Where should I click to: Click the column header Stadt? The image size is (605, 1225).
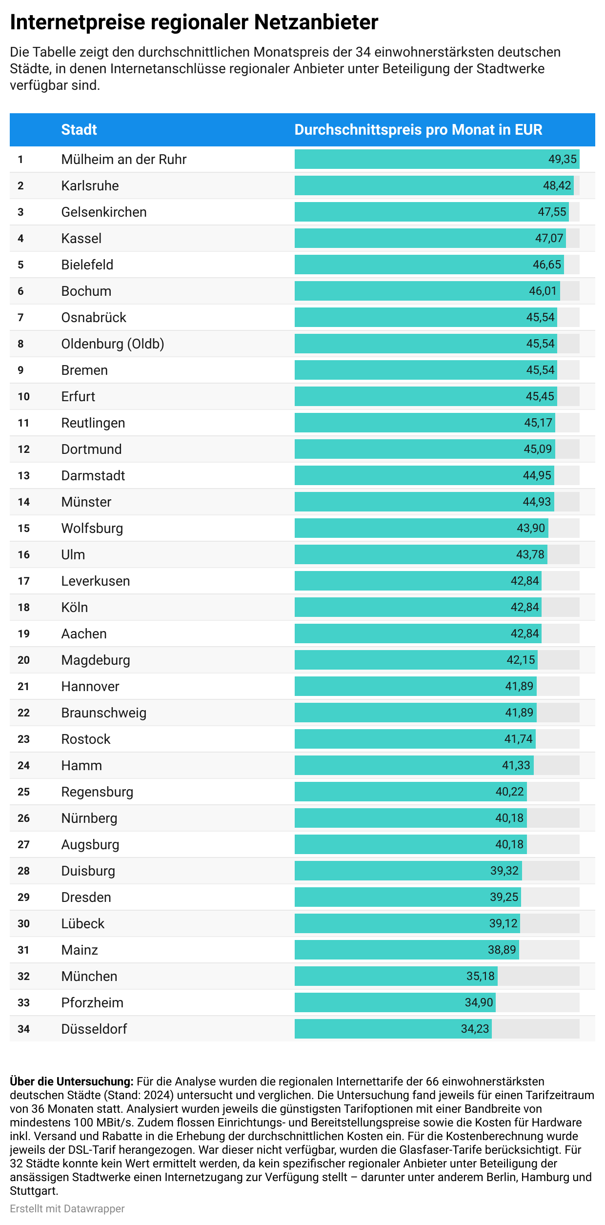79,129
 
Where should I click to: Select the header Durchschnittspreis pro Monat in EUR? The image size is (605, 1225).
418,129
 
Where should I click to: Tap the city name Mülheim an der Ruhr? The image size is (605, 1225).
123,159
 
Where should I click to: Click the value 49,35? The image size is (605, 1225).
562,159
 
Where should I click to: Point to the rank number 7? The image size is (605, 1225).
20,317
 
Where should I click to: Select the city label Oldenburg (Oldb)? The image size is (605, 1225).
112,344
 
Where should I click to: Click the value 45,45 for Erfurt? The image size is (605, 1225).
540,396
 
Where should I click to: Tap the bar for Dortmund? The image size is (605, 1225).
410,449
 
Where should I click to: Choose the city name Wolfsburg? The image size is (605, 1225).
92,528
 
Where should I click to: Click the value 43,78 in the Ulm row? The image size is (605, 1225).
530,554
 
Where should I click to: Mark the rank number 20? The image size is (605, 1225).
23,660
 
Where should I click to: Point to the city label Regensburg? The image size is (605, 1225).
97,792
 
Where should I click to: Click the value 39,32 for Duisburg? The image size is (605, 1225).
504,871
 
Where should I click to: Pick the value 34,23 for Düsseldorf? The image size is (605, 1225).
475,1029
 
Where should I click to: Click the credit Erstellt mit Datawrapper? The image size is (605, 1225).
67,1208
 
